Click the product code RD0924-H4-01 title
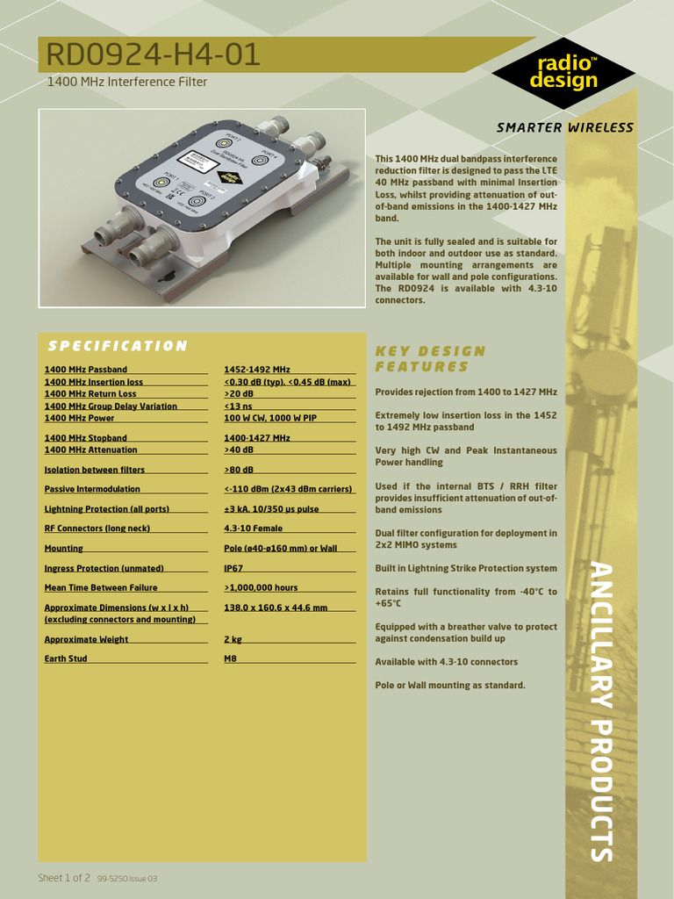154,56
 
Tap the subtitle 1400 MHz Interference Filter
126,83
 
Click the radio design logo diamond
563,73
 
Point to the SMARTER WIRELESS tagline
564,127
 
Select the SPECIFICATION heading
117,346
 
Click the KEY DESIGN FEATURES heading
430,358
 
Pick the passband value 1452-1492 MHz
257,370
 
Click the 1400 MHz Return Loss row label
90,394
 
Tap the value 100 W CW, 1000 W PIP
270,419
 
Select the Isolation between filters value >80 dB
239,470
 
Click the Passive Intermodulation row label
92,489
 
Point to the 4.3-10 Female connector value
254,529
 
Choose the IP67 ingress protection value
233,568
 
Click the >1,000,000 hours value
261,587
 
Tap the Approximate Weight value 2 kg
233,639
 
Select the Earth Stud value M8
231,658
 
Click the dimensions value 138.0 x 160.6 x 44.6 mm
276,608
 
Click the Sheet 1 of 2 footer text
64,878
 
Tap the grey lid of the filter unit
211,176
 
